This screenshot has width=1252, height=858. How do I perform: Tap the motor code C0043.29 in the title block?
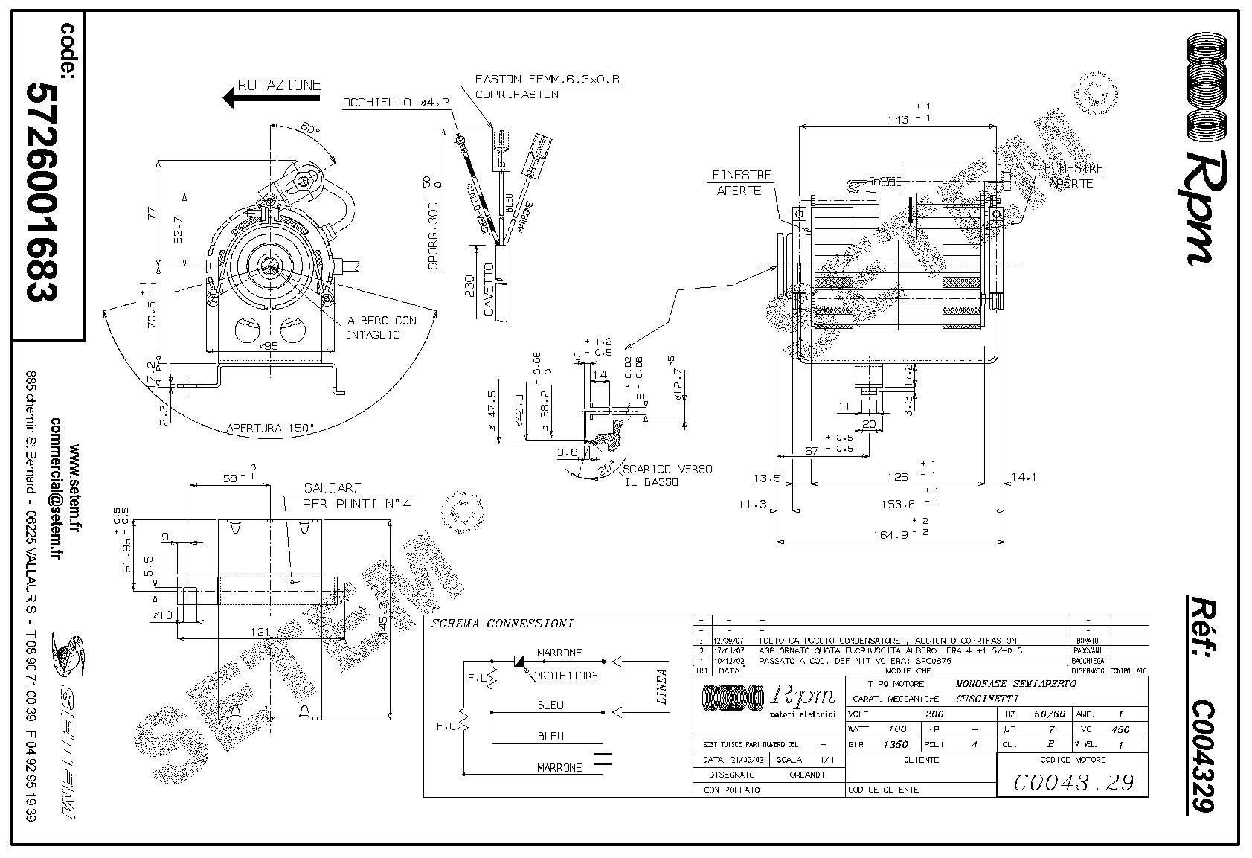[x=1072, y=782]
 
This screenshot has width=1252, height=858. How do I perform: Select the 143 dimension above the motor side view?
[x=899, y=119]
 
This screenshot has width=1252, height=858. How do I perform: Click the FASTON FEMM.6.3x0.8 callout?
[x=547, y=80]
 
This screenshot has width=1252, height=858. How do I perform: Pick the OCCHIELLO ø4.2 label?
[x=396, y=103]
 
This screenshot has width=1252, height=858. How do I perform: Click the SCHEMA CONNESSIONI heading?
[x=503, y=624]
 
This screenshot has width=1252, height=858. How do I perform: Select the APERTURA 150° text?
[x=270, y=428]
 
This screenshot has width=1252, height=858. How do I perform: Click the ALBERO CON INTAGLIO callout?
[x=381, y=327]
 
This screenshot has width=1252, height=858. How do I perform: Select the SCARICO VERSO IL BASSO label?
[x=667, y=476]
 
